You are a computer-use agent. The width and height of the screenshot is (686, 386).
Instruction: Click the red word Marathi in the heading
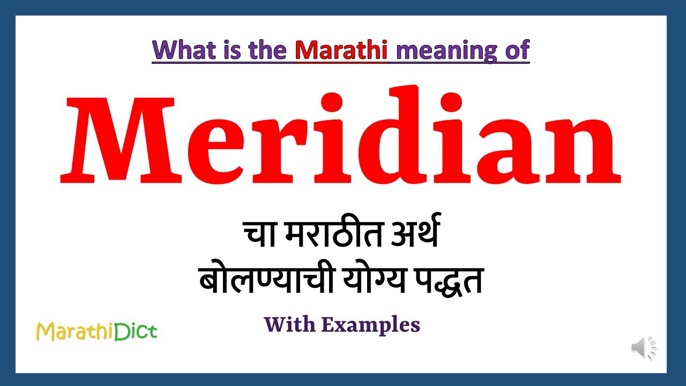click(x=341, y=50)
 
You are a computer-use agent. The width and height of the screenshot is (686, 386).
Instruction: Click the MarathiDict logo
click(x=96, y=332)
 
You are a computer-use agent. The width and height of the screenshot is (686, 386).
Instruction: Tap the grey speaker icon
click(x=643, y=348)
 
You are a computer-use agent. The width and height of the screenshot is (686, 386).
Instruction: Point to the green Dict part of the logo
click(x=136, y=331)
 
